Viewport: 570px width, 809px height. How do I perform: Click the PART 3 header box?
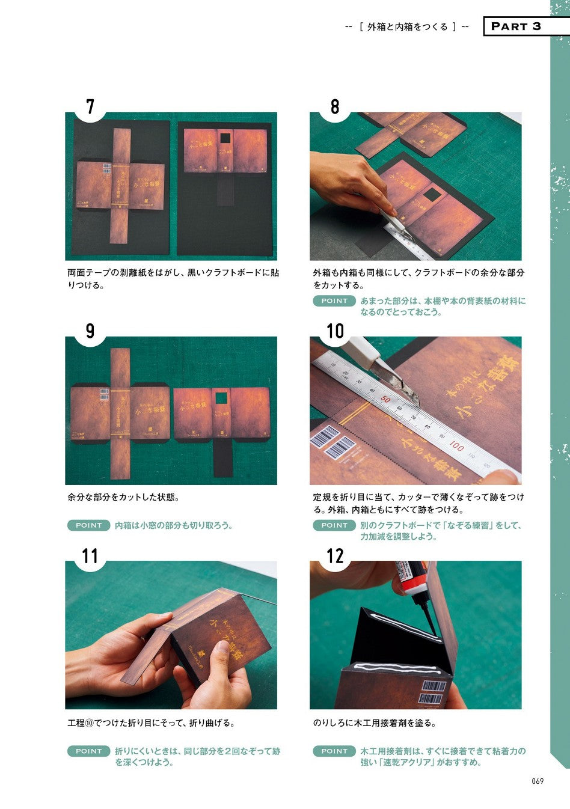pyautogui.click(x=527, y=26)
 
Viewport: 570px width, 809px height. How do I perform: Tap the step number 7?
pyautogui.click(x=90, y=107)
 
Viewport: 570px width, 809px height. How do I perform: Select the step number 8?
pyautogui.click(x=335, y=107)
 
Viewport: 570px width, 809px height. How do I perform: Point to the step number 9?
pyautogui.click(x=90, y=331)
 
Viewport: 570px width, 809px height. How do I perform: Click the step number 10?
pyautogui.click(x=335, y=331)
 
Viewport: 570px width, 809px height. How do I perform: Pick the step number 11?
pyautogui.click(x=90, y=556)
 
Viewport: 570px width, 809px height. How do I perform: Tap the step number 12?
pyautogui.click(x=335, y=556)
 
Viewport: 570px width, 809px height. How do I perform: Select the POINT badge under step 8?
pyautogui.click(x=334, y=301)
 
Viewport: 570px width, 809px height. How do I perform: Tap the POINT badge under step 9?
pyautogui.click(x=88, y=525)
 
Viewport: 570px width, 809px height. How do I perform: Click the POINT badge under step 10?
pyautogui.click(x=334, y=525)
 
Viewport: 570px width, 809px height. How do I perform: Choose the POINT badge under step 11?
pyautogui.click(x=88, y=751)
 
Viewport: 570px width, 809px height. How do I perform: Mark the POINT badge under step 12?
pyautogui.click(x=334, y=751)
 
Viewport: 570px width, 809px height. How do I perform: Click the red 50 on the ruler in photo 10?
pyautogui.click(x=385, y=400)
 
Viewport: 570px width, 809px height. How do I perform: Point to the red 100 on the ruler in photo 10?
pyautogui.click(x=456, y=445)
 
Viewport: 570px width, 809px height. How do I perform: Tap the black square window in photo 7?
pyautogui.click(x=225, y=138)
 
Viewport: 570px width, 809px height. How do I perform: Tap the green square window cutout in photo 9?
pyautogui.click(x=221, y=398)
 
